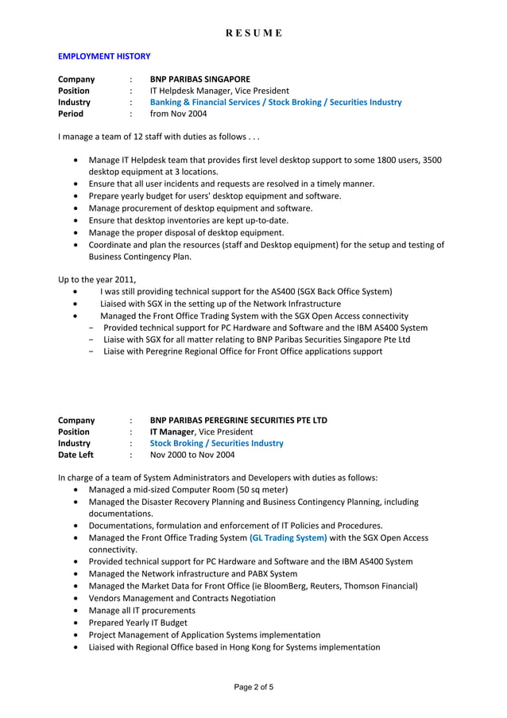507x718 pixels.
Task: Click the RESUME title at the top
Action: (x=253, y=33)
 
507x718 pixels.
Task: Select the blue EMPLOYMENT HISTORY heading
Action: (x=104, y=56)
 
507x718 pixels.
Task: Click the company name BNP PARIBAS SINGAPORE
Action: (x=199, y=80)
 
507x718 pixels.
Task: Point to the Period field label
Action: (x=71, y=114)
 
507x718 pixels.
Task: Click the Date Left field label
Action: (x=75, y=455)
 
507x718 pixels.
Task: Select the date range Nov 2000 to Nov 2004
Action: (x=192, y=455)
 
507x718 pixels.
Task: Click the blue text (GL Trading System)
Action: (x=288, y=538)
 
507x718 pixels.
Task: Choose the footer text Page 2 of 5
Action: (x=253, y=688)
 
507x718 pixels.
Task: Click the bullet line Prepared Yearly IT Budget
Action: (x=139, y=623)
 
